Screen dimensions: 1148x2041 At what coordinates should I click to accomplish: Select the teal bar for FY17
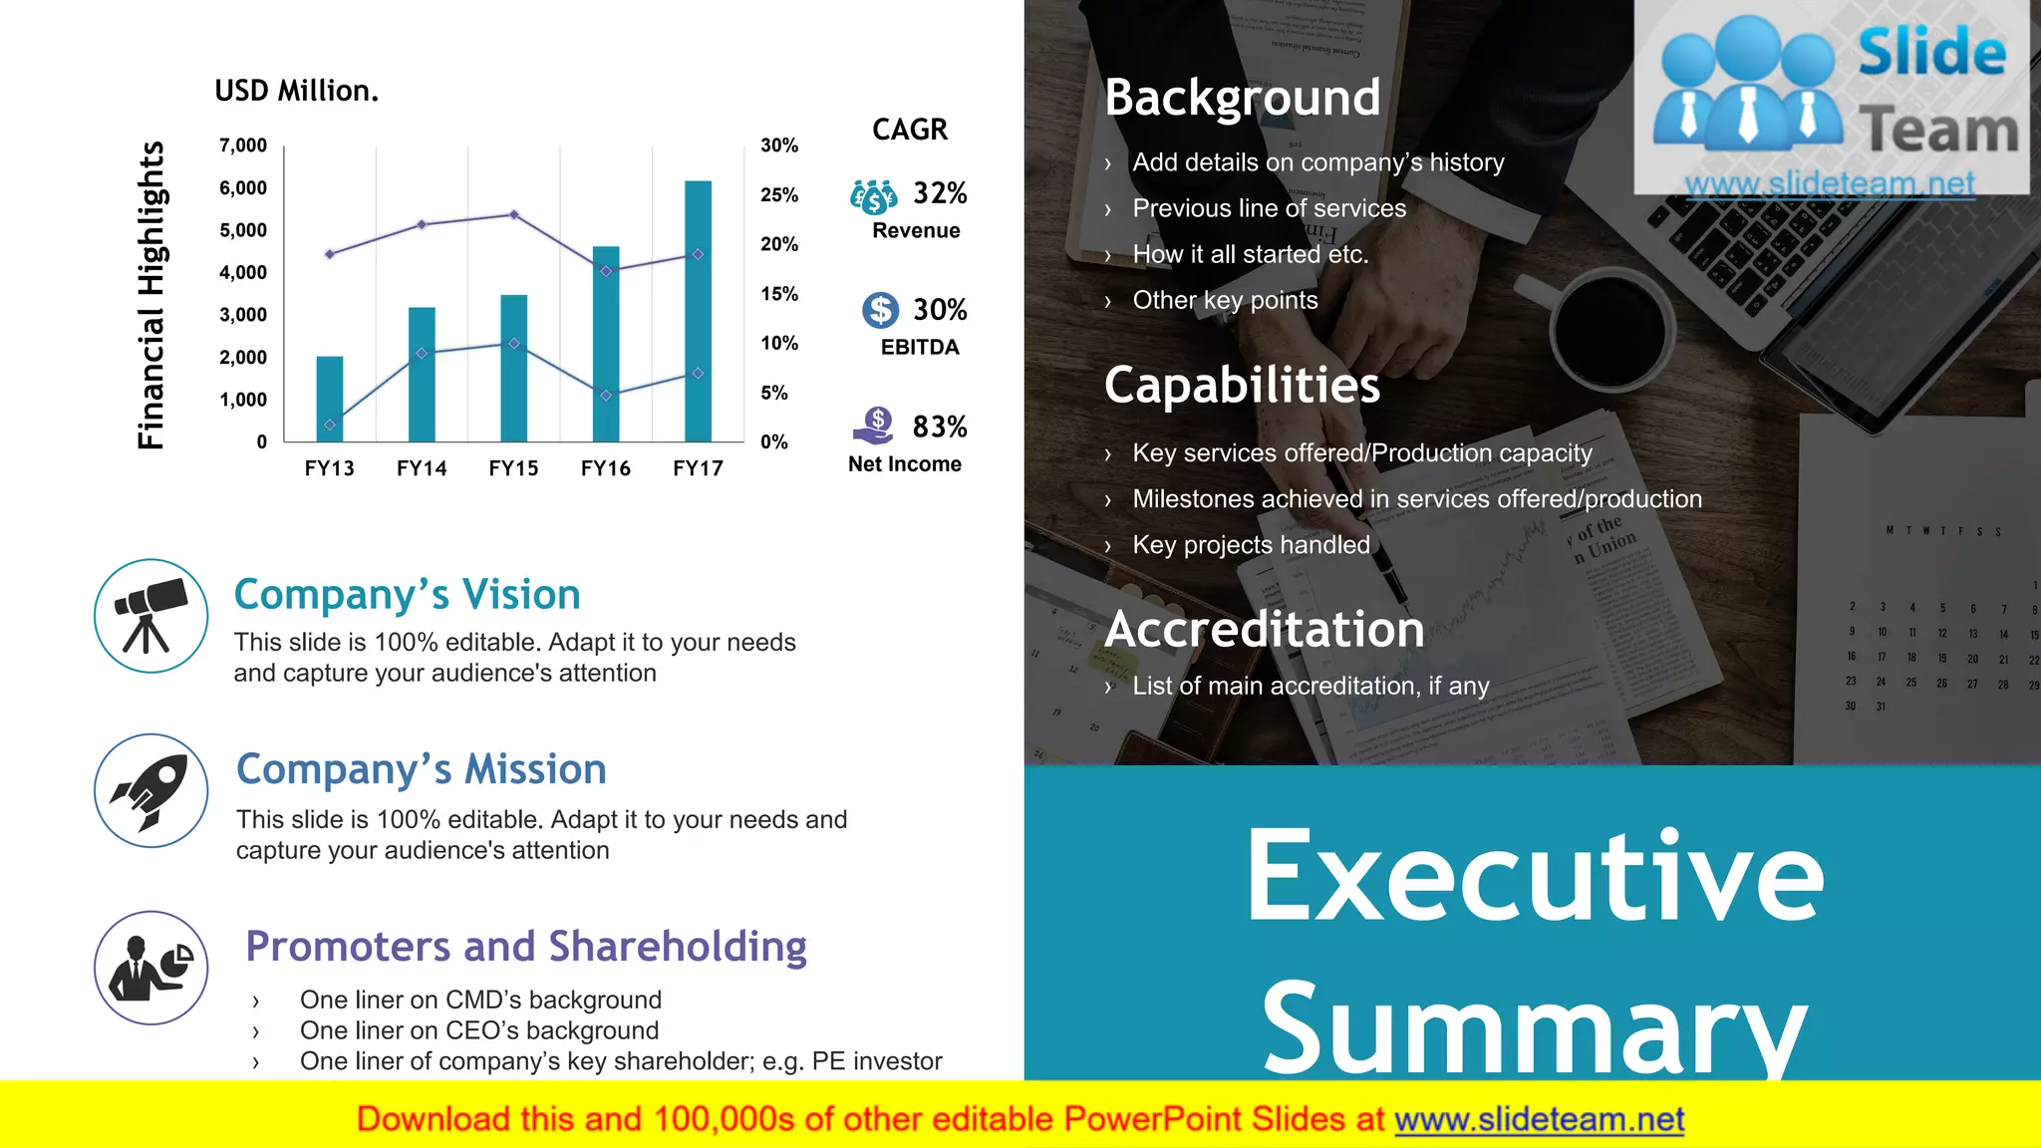point(698,311)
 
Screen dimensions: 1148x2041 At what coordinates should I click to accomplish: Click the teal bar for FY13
point(330,399)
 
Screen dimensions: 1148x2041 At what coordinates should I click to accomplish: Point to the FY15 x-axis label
point(513,468)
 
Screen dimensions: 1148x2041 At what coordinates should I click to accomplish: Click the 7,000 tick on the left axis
point(243,145)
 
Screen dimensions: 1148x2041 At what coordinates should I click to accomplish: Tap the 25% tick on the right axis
point(778,195)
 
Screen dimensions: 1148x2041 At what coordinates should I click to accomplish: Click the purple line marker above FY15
point(514,214)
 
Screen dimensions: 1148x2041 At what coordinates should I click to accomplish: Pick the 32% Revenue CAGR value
point(940,193)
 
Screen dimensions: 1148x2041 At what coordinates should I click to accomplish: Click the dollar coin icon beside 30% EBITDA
point(880,310)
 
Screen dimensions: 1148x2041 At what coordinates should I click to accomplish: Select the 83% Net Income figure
point(940,427)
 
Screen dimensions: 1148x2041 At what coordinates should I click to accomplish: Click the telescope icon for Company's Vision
point(151,616)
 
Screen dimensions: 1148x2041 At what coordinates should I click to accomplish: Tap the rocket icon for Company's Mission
point(151,791)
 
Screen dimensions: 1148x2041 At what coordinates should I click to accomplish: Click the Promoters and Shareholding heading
point(526,947)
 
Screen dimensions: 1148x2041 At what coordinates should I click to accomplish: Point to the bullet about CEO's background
point(479,1030)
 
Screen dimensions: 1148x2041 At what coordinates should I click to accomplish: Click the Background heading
point(1243,98)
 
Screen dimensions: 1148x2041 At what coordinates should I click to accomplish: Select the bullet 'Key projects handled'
point(1251,545)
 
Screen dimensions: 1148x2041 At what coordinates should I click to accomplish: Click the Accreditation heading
point(1264,630)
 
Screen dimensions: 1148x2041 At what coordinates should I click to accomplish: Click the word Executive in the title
point(1535,877)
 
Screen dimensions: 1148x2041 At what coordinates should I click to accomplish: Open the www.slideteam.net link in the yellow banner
point(1539,1120)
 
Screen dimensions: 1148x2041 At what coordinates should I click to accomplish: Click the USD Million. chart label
point(297,91)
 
